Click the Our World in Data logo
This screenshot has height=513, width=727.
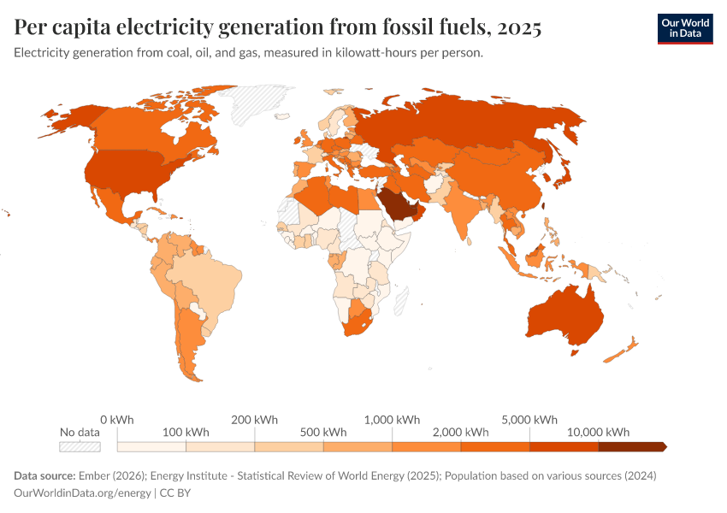(684, 28)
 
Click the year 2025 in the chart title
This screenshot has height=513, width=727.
(517, 27)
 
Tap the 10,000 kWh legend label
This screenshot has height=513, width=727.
(598, 432)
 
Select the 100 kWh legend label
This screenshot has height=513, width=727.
(186, 432)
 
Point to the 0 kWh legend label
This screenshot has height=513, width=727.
(117, 420)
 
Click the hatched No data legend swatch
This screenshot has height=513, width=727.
(80, 446)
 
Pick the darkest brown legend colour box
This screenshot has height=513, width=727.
(631, 446)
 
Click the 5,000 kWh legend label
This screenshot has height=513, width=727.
(529, 420)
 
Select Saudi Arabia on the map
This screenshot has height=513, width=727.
(396, 205)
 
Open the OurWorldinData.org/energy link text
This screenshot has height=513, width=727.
(81, 493)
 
